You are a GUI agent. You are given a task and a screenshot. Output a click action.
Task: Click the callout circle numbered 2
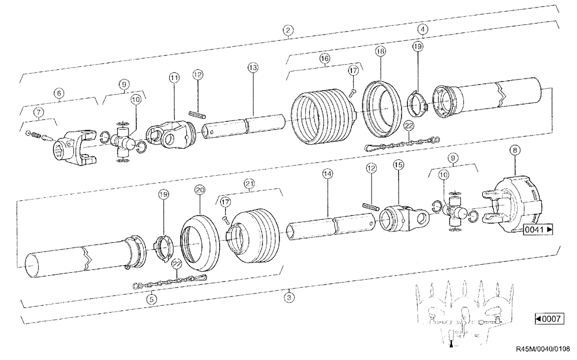(287, 30)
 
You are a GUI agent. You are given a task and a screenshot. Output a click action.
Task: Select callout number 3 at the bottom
(288, 298)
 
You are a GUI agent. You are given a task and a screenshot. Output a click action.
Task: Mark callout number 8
(514, 150)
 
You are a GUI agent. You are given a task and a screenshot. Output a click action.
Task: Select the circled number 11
(174, 77)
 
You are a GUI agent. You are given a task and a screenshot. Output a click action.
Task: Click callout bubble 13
(252, 68)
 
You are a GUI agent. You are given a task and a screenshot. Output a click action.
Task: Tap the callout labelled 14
(328, 173)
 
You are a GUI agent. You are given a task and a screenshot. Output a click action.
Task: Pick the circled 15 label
(398, 165)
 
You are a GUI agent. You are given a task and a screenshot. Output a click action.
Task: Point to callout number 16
(325, 59)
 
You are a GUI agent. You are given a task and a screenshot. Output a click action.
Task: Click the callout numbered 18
(380, 51)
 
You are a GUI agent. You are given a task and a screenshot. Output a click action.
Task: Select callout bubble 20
(200, 189)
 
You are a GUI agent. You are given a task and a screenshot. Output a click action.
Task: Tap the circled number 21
(249, 183)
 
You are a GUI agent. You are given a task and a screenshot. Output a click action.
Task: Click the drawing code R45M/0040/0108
(542, 348)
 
